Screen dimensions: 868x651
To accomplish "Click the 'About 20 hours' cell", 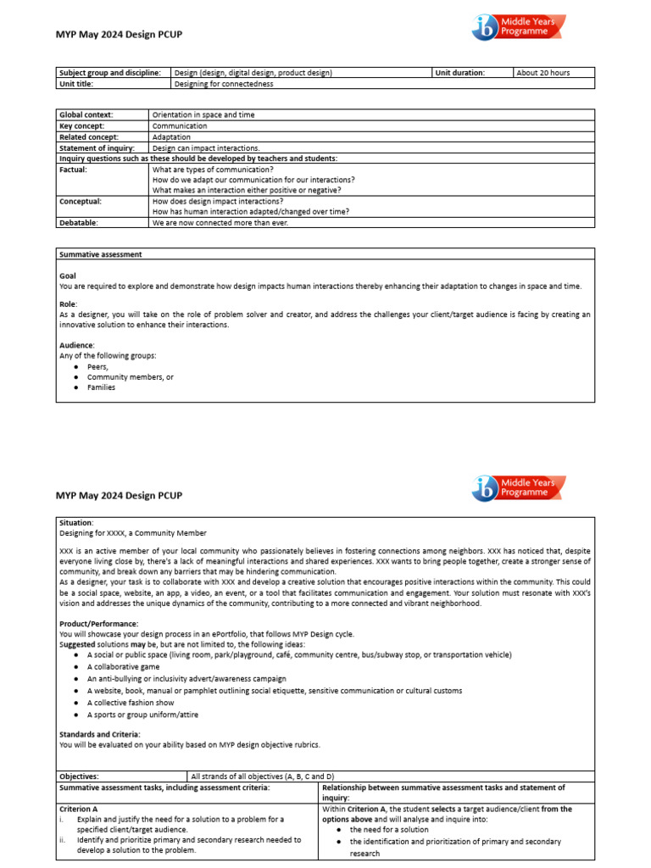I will (x=543, y=73).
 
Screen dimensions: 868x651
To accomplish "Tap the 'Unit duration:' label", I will (x=460, y=73).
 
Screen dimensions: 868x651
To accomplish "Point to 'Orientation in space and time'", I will (x=203, y=114).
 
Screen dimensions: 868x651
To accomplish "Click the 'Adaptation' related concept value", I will (x=171, y=136).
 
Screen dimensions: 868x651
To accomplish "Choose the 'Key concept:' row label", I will (x=83, y=125).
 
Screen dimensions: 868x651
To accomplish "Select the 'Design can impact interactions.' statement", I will (x=206, y=147).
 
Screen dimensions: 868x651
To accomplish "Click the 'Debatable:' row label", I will (x=79, y=222).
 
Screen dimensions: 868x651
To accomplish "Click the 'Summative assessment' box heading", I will (x=100, y=254).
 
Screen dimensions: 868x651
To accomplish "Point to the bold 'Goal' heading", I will (x=68, y=276).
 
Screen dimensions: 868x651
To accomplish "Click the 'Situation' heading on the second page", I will (x=76, y=523).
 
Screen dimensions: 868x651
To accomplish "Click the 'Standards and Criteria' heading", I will (x=100, y=734).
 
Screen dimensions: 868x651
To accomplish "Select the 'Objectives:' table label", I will (x=79, y=776).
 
